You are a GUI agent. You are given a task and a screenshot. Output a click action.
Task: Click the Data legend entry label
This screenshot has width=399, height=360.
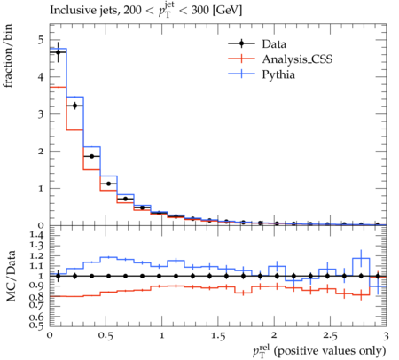[x=274, y=44]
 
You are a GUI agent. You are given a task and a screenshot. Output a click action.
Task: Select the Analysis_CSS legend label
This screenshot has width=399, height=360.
[x=297, y=59]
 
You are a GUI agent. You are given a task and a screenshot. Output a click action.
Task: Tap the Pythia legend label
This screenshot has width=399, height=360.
[x=278, y=74]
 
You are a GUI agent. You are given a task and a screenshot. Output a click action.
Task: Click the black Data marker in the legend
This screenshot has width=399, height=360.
[x=241, y=43]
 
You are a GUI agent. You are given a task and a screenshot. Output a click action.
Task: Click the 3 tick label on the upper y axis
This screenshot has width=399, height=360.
[x=41, y=114]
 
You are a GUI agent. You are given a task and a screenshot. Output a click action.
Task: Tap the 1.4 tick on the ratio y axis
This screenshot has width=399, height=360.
[x=35, y=236]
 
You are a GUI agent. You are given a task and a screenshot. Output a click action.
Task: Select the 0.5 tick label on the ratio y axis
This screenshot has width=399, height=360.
[x=35, y=325]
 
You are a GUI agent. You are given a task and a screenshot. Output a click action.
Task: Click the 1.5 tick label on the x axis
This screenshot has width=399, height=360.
[x=218, y=336]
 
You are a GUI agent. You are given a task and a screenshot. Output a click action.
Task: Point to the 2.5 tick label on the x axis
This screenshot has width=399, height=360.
[x=330, y=336]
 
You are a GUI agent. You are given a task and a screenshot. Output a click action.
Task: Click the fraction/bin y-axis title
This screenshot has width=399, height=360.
[x=8, y=56]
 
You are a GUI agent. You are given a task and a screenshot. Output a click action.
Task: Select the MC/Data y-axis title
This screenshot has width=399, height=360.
[x=11, y=276]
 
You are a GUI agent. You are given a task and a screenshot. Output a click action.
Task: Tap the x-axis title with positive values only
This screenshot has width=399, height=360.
[x=319, y=351]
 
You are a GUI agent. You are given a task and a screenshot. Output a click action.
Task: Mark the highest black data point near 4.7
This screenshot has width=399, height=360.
[x=59, y=52]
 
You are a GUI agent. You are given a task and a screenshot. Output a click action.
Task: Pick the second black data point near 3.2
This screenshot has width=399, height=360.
[x=75, y=106]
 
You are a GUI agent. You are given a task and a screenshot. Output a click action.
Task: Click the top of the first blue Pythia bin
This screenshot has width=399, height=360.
[x=59, y=48]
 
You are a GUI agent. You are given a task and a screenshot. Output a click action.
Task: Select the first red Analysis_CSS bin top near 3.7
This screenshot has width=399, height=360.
[x=59, y=87]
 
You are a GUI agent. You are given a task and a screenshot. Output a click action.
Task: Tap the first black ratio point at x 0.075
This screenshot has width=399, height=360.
[x=59, y=276]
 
